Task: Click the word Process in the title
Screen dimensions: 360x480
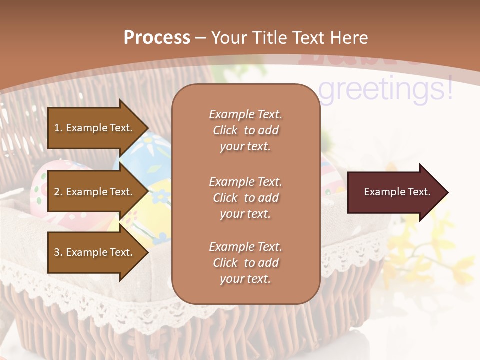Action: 157,38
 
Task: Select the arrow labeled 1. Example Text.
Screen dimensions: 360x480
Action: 95,128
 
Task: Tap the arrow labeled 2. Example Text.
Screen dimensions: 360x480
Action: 95,192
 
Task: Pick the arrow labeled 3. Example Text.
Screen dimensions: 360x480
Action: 95,252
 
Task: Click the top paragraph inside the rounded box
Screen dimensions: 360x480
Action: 245,130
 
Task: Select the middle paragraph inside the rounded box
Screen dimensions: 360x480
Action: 245,198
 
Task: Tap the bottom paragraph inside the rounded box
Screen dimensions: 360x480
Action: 245,263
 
